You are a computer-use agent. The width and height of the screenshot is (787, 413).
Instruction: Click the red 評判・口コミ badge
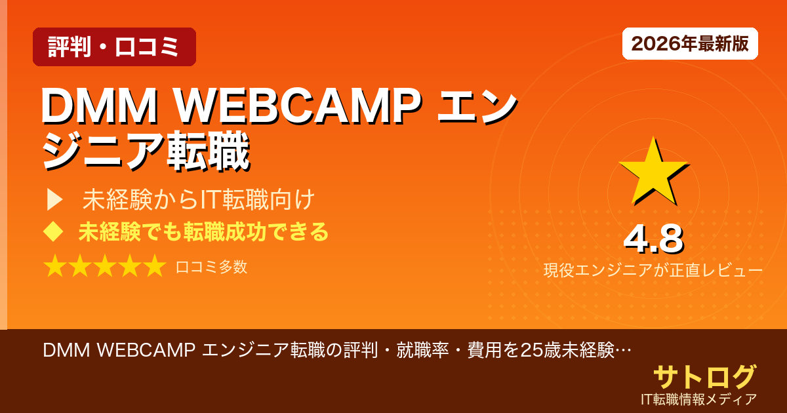pyautogui.click(x=114, y=47)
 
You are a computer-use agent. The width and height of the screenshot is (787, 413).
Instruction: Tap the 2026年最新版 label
pyautogui.click(x=690, y=44)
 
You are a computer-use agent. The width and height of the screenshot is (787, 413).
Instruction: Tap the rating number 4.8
pyautogui.click(x=653, y=239)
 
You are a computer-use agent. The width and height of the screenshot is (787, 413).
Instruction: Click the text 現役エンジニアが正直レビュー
pyautogui.click(x=653, y=270)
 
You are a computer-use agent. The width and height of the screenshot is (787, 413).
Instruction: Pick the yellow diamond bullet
pyautogui.click(x=52, y=231)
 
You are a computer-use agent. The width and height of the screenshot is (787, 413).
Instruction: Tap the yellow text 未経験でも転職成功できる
pyautogui.click(x=203, y=231)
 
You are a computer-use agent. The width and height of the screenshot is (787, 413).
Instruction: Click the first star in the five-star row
pyautogui.click(x=54, y=267)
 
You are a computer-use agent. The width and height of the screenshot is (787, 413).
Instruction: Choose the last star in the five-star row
pyautogui.click(x=154, y=267)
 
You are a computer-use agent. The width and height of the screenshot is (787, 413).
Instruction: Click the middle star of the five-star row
pyautogui.click(x=104, y=267)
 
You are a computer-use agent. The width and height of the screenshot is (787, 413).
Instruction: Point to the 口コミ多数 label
pyautogui.click(x=211, y=267)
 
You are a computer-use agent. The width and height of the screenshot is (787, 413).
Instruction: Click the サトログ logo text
pyautogui.click(x=704, y=377)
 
